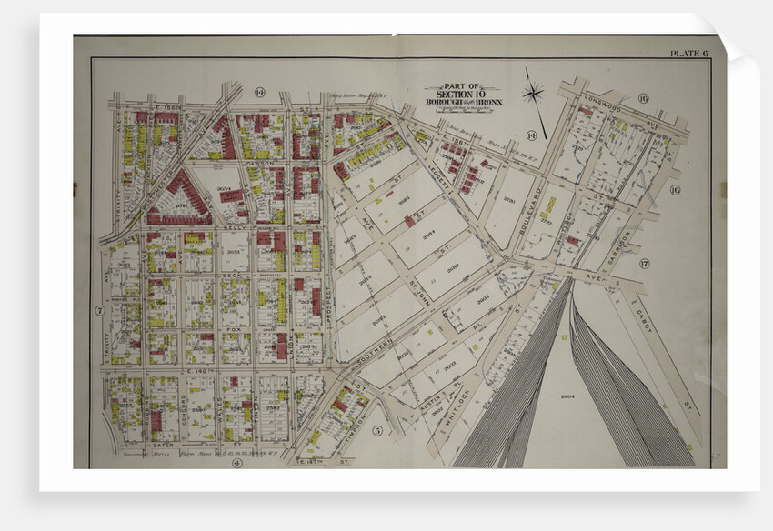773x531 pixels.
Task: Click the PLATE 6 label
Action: [688, 54]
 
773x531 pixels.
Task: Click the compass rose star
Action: [534, 93]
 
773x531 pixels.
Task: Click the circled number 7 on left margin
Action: [98, 310]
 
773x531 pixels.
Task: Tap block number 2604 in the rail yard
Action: [569, 397]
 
